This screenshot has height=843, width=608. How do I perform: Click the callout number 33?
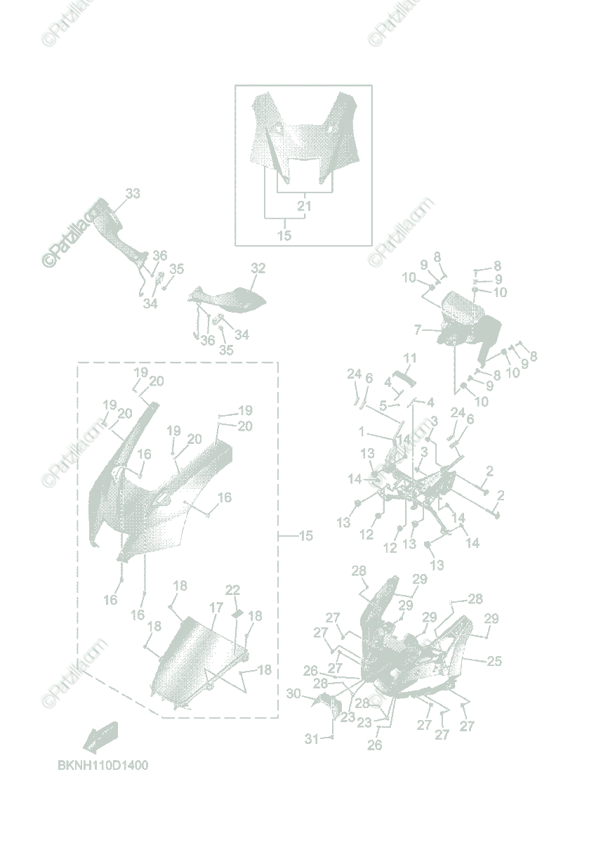pos(133,193)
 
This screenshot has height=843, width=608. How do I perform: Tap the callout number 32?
pos(258,268)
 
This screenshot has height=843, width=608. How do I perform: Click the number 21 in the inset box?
pos(304,207)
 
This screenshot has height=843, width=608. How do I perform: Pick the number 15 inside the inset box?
pos(284,236)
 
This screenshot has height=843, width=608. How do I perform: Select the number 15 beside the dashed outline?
pos(305,536)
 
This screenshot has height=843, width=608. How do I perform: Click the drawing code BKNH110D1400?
pos(103,765)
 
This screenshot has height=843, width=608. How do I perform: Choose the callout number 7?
pos(417,329)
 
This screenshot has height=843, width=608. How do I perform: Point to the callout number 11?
pos(410,358)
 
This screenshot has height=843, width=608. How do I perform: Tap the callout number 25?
pos(494,661)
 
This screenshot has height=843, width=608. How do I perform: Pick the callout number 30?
pos(293,694)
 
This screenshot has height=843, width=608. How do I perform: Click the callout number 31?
pos(311,738)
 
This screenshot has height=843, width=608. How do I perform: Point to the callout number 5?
pos(383,405)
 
